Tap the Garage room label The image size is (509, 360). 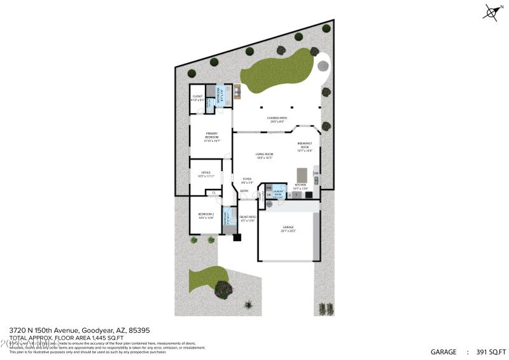[x=289, y=228]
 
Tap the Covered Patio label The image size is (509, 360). [x=277, y=119]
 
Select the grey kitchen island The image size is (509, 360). [x=302, y=174]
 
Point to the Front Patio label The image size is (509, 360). [x=248, y=219]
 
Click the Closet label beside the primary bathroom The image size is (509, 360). [x=197, y=98]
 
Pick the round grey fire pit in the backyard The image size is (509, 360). [x=324, y=65]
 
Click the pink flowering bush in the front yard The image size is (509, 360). [x=223, y=289]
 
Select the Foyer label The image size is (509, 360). [x=247, y=181]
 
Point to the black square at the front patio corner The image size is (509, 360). [x=237, y=238]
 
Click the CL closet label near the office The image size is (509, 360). [x=214, y=192]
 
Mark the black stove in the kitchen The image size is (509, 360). [x=309, y=195]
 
